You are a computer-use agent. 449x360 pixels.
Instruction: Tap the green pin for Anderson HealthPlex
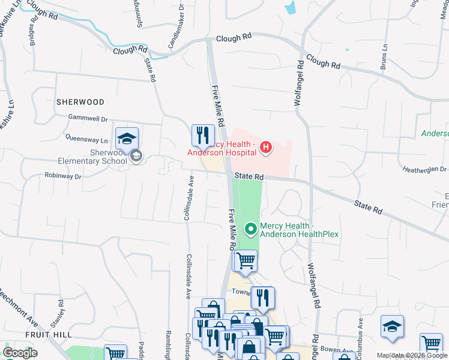click(250, 228)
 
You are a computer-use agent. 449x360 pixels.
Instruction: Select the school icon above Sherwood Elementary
click(127, 139)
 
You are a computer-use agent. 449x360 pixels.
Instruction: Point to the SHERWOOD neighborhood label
click(80, 102)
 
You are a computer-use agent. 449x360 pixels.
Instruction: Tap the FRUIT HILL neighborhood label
click(49, 334)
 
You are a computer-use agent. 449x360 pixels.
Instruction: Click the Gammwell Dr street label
click(88, 119)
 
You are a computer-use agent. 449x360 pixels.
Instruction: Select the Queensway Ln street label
click(86, 139)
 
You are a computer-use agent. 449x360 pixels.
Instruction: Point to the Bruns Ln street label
click(384, 59)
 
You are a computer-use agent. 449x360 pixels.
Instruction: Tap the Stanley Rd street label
click(61, 312)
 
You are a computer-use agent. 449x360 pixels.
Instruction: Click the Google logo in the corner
click(20, 352)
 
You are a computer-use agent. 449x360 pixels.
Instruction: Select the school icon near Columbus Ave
click(392, 327)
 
